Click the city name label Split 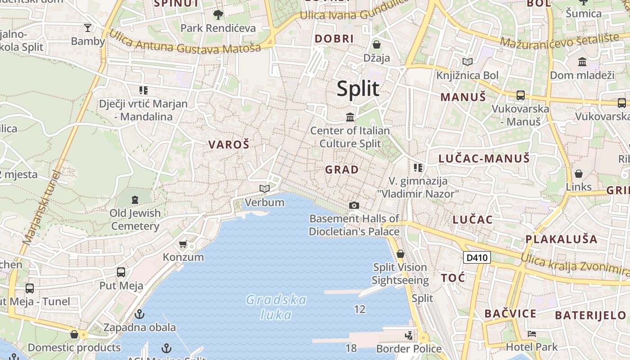[358, 89]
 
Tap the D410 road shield [477, 257]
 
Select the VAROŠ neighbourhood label [229, 144]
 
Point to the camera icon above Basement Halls [354, 206]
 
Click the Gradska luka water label [276, 307]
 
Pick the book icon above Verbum [265, 189]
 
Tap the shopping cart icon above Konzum [183, 244]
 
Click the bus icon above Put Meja [121, 272]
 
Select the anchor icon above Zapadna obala [139, 314]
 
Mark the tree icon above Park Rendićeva [218, 15]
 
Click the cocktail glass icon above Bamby [88, 28]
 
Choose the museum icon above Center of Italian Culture [350, 117]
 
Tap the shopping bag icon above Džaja [377, 45]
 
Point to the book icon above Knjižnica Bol [468, 62]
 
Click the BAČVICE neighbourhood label [510, 314]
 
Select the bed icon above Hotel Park [531, 334]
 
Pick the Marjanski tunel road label [41, 207]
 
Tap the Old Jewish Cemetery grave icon [135, 199]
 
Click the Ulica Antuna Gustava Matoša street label [184, 42]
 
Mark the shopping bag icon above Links [579, 173]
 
